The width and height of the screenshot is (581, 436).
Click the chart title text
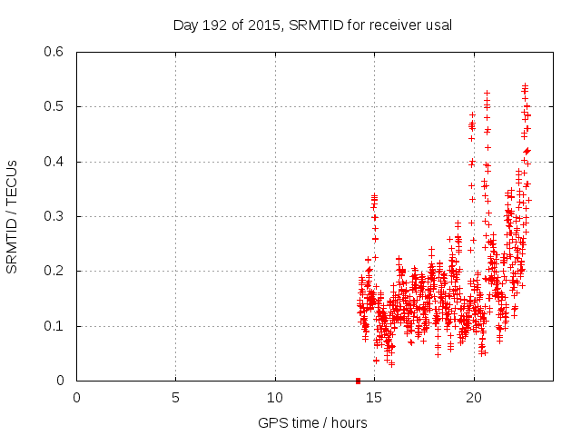312,25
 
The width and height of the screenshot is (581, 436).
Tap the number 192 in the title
214,25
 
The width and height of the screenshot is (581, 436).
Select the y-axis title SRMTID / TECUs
12,216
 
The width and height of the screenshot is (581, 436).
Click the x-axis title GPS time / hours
312,422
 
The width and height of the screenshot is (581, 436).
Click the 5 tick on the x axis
175,398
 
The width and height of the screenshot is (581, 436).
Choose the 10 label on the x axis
275,398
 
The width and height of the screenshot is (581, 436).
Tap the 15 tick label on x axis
374,398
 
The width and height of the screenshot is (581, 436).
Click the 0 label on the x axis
76,398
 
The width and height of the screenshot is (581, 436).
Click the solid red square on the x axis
358,381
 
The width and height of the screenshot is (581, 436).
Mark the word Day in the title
185,25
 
